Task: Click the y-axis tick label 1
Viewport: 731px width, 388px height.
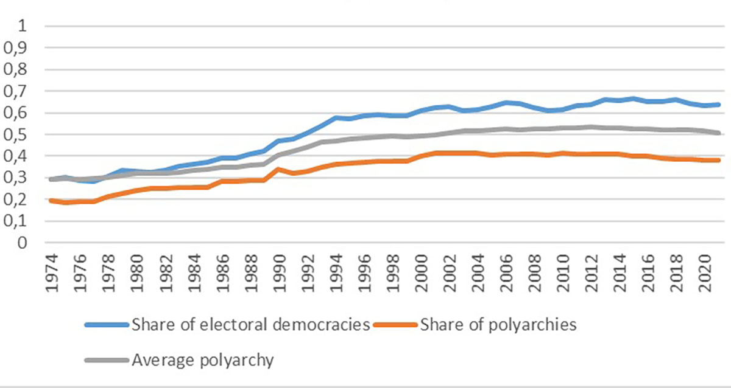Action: coord(24,27)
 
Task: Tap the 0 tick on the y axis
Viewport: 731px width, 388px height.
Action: coord(24,243)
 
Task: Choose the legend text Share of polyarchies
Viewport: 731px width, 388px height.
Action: coord(498,325)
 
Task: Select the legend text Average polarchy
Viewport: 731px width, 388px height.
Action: coord(203,359)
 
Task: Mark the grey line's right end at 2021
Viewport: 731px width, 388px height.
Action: coord(719,133)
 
